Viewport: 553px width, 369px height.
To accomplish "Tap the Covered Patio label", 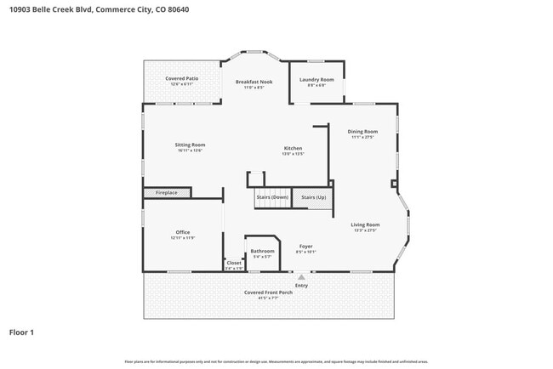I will (x=181, y=78).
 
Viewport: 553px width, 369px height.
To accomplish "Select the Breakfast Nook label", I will (x=254, y=82).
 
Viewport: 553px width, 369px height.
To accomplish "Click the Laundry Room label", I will (x=316, y=79).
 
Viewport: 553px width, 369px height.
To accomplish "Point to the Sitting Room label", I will (x=190, y=145).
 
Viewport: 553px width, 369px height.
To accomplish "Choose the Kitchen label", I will (x=293, y=148).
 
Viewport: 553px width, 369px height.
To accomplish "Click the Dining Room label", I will (x=362, y=131).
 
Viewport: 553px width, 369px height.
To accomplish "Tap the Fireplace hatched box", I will (x=162, y=193).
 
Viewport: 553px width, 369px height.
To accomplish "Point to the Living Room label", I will (x=365, y=224).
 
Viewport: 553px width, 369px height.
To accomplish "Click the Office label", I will (x=183, y=232).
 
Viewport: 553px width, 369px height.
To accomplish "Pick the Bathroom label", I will (x=262, y=251).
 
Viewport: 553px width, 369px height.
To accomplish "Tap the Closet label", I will (x=234, y=263).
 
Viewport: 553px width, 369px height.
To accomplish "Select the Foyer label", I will (x=306, y=247).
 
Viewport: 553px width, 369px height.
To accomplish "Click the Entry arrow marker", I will (x=301, y=275).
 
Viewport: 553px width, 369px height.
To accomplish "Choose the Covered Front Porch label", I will (x=268, y=292).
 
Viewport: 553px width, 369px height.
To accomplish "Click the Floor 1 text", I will (x=21, y=332).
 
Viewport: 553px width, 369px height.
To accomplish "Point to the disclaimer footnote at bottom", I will (x=276, y=361).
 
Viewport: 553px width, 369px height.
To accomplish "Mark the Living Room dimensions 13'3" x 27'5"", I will (x=365, y=230).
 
